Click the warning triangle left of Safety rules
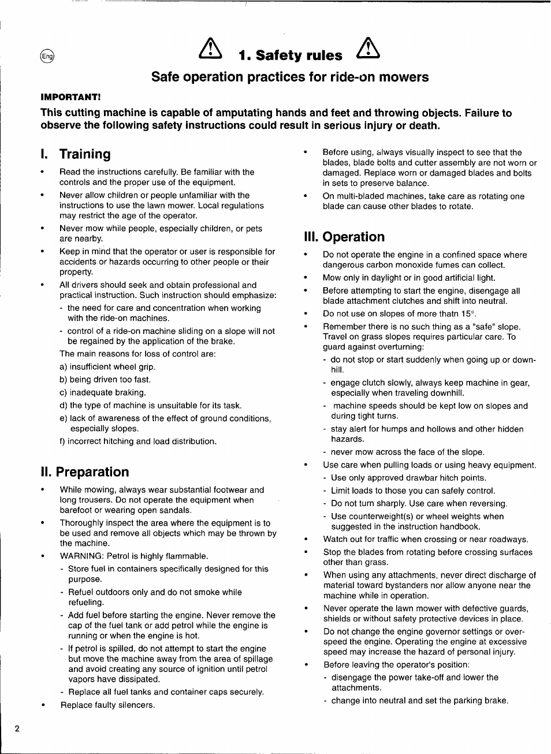point(210,49)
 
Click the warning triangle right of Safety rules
point(368,49)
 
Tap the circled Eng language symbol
point(47,56)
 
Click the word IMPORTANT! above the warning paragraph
point(70,97)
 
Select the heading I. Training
point(76,154)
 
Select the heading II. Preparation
point(85,472)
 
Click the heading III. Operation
point(344,237)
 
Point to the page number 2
point(17,728)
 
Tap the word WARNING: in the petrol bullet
point(79,556)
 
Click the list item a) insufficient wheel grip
point(107,367)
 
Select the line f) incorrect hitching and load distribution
point(138,441)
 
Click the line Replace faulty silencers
point(107,705)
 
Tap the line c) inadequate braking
point(103,392)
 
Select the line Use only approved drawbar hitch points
point(408,478)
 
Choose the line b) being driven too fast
point(105,380)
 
